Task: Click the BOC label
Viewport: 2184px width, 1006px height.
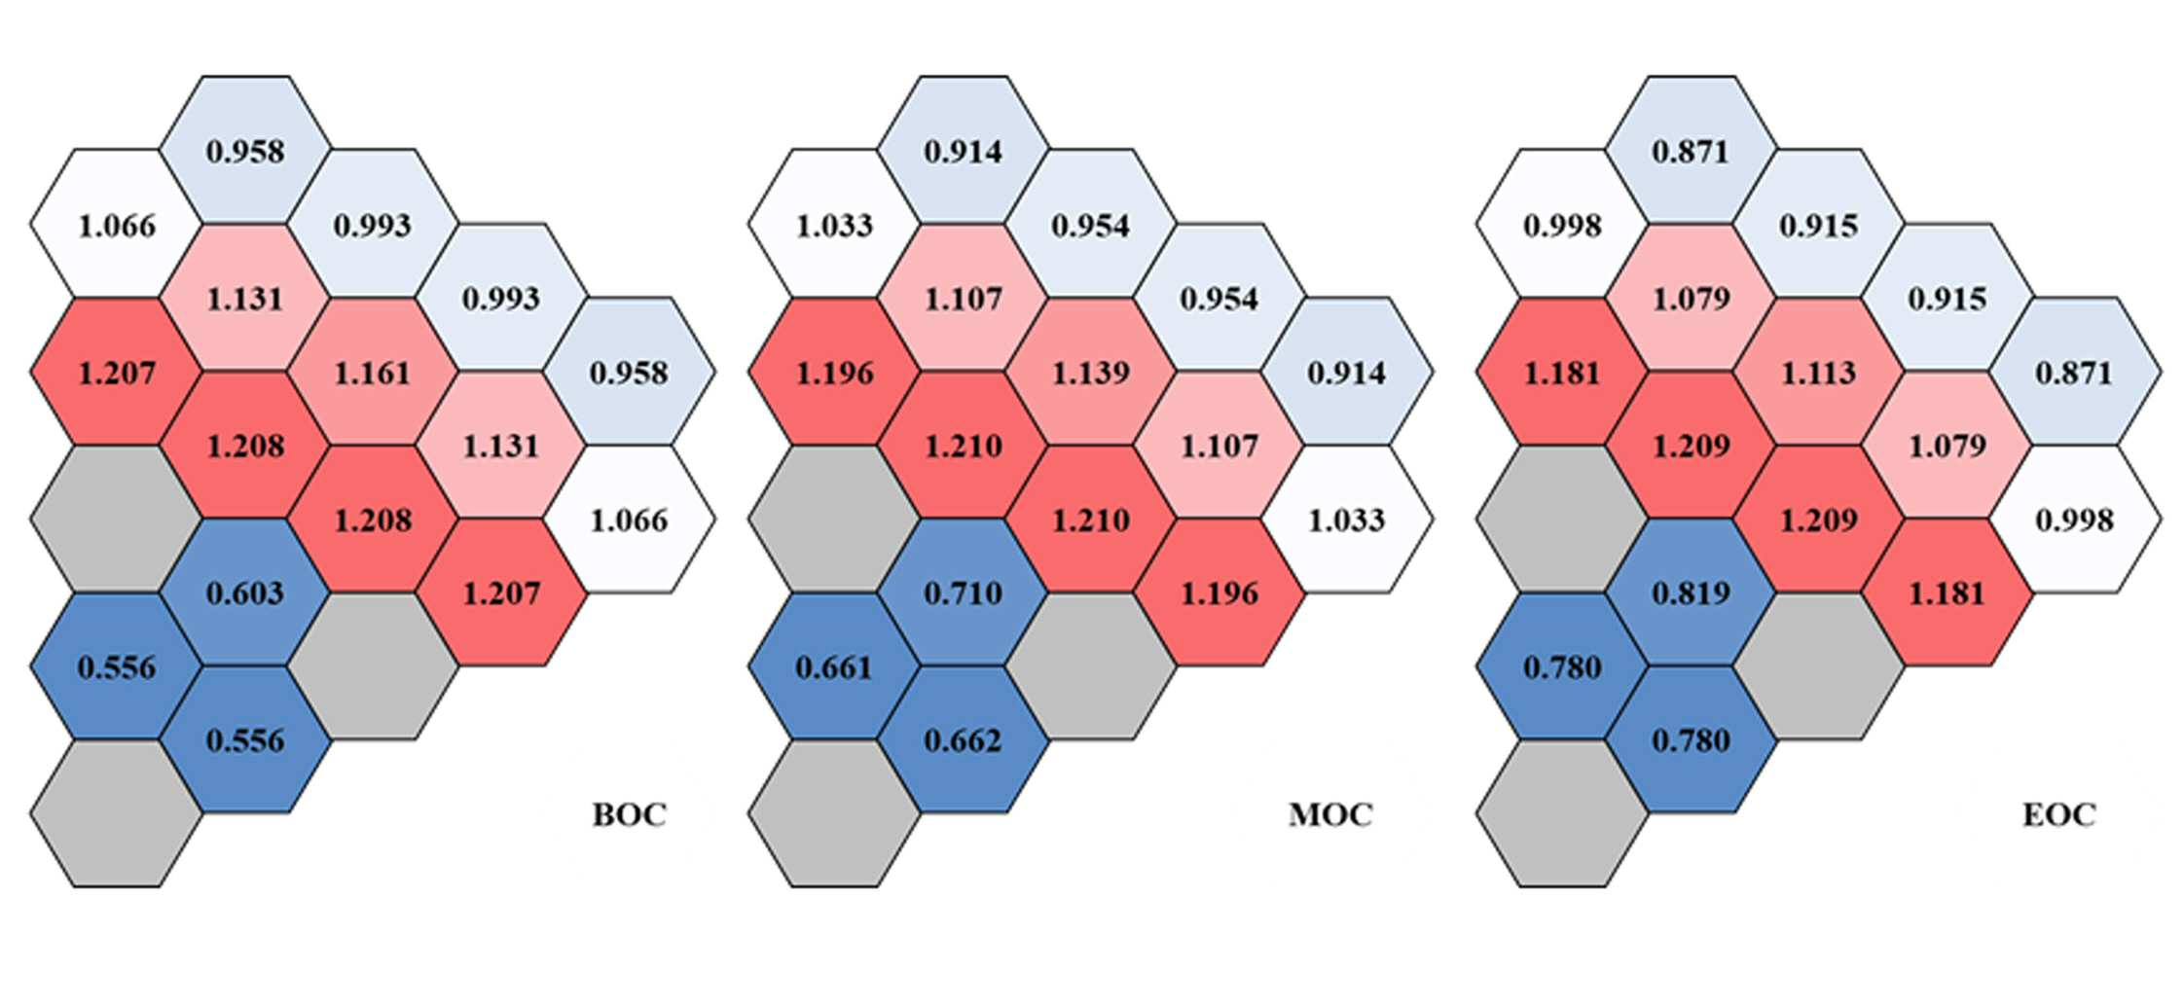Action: point(630,813)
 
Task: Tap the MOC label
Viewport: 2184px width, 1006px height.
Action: point(1330,813)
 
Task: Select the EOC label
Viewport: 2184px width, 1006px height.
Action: point(2058,813)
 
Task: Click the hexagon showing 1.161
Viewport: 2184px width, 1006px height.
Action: point(373,373)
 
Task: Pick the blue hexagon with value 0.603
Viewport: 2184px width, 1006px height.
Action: point(245,593)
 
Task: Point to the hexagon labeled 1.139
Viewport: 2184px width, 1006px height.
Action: point(1091,373)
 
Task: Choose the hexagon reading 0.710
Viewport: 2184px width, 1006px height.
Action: point(964,593)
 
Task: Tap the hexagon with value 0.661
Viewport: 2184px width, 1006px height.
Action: point(834,667)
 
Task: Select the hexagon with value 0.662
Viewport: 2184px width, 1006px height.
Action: point(964,740)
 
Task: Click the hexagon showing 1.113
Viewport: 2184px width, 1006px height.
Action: point(1819,373)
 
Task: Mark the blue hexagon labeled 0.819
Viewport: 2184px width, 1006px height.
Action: point(1692,593)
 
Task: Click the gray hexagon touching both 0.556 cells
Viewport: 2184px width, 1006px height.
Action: point(117,813)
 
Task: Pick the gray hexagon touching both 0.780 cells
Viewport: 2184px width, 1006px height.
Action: point(1562,813)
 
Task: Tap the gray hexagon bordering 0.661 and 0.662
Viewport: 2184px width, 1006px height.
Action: point(834,813)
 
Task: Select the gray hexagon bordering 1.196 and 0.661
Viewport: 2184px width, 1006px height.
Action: point(834,520)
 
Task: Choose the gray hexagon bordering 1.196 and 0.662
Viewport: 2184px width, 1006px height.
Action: point(1091,666)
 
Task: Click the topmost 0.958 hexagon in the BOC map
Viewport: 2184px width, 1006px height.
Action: point(245,151)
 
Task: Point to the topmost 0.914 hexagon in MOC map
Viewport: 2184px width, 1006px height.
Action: point(964,151)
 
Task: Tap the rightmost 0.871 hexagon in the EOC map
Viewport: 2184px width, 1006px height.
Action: point(2075,373)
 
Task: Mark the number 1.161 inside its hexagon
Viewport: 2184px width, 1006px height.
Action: point(373,373)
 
